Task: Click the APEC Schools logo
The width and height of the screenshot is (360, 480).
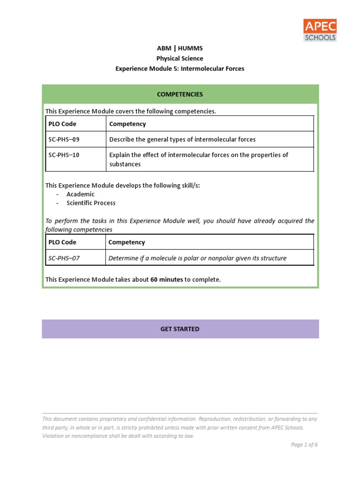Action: (320, 30)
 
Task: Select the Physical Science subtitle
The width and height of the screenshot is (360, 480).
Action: (180, 59)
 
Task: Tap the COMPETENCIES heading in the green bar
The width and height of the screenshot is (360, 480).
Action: (180, 94)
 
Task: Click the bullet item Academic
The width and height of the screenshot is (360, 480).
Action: (80, 194)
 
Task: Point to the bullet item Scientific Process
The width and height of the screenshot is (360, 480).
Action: (91, 203)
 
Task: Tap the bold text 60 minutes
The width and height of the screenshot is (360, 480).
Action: (166, 279)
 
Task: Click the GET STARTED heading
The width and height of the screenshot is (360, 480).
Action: (180, 329)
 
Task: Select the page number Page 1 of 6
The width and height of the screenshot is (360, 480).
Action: (304, 445)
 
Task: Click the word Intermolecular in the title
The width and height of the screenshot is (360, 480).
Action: (203, 68)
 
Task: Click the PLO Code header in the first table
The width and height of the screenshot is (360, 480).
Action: (62, 124)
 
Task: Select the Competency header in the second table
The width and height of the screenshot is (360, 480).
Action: (127, 242)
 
